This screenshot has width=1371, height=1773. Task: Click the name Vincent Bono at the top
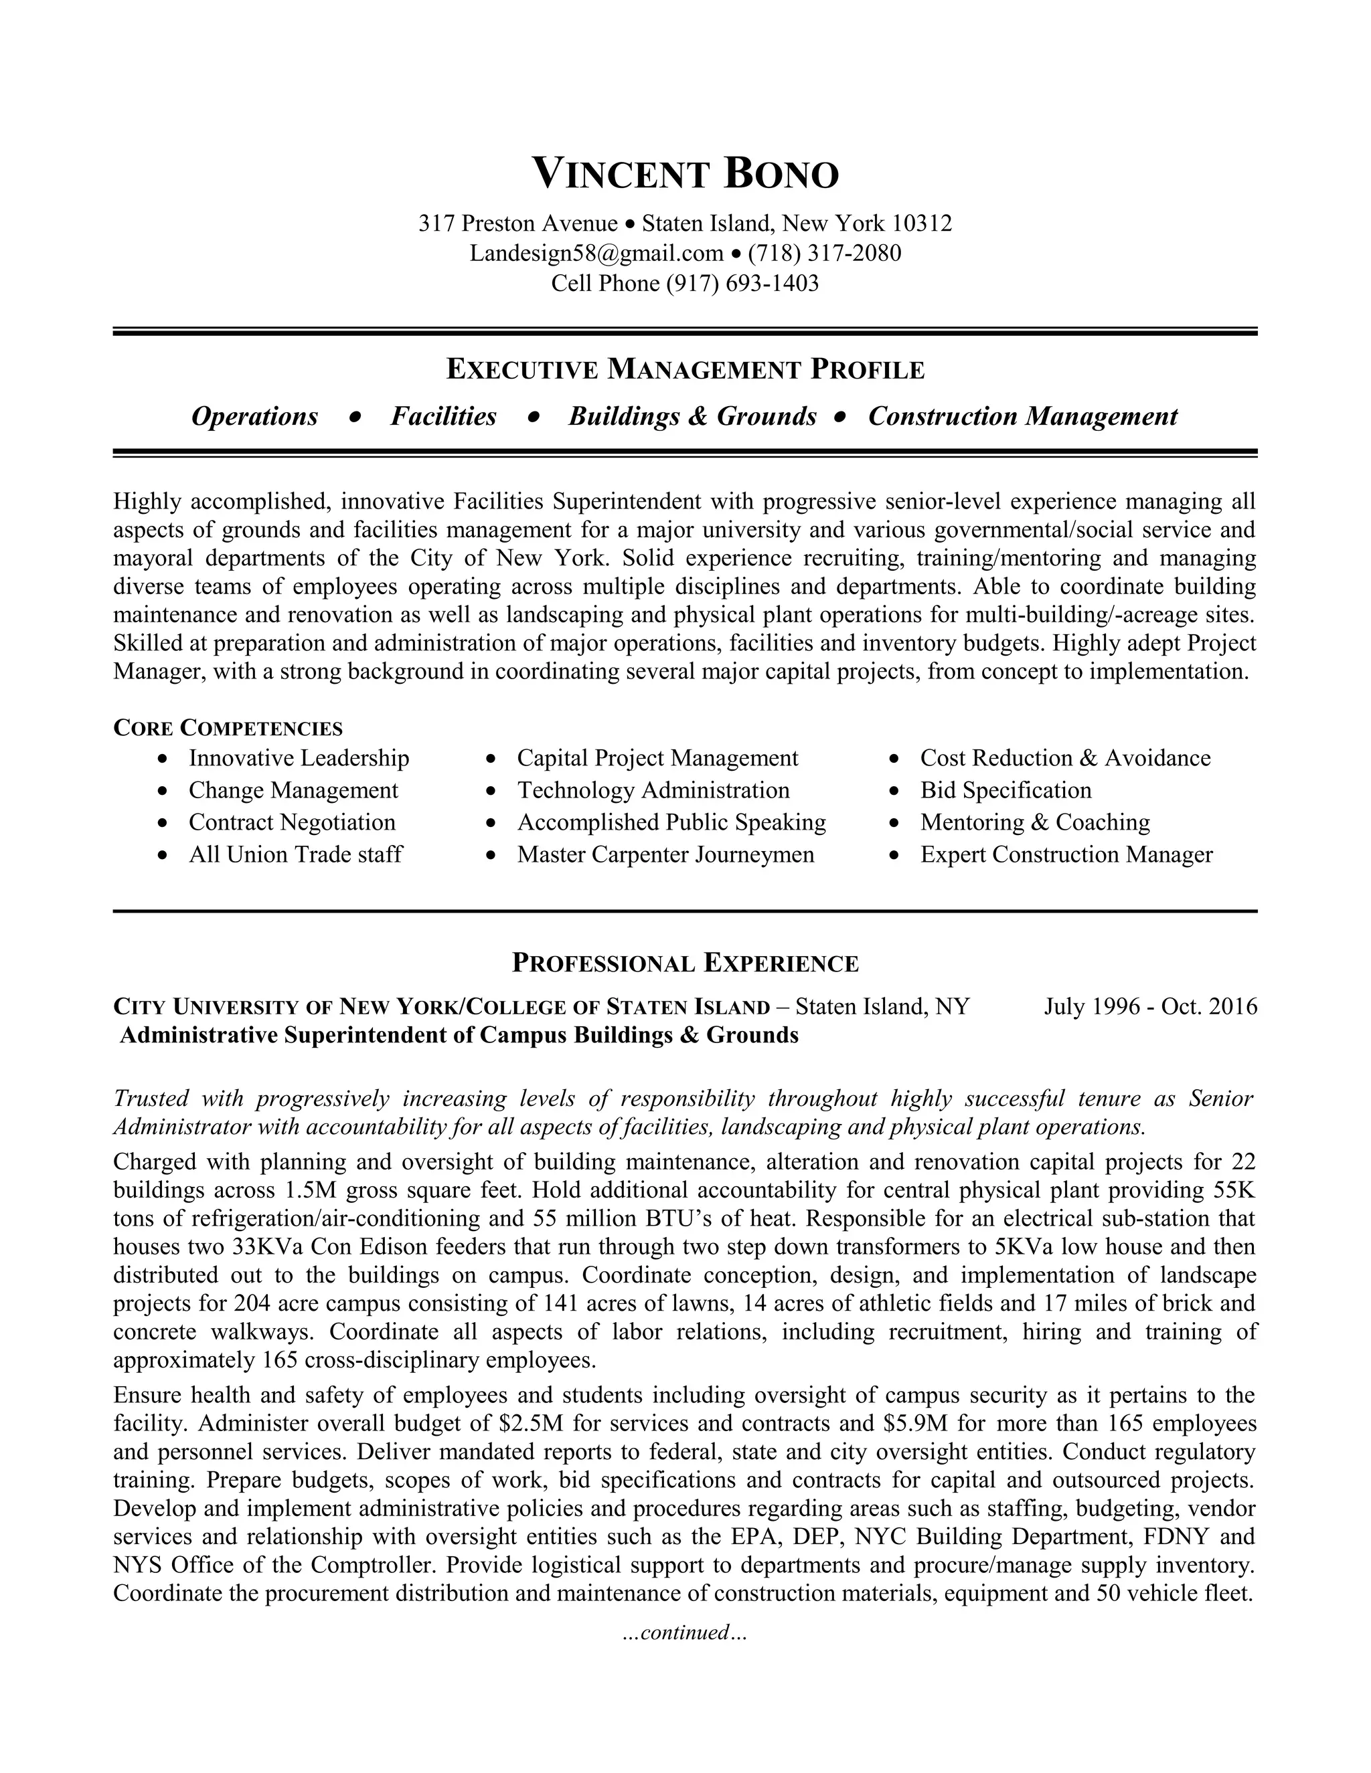(x=685, y=175)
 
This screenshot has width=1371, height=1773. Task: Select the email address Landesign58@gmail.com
(x=596, y=254)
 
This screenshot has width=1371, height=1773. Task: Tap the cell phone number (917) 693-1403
(x=742, y=283)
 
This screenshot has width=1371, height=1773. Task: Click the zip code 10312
(x=922, y=223)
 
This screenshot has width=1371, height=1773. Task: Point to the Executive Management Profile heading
(x=685, y=370)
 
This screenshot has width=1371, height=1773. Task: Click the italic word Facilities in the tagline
(x=443, y=416)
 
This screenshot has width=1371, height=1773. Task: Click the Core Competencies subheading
(x=228, y=727)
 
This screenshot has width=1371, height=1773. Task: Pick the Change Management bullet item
(x=293, y=790)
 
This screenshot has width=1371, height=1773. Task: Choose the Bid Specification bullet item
(x=1005, y=790)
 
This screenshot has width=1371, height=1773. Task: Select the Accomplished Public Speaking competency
(x=671, y=822)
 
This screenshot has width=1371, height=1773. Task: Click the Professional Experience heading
(x=685, y=963)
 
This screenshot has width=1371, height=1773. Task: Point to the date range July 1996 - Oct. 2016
(x=1150, y=1007)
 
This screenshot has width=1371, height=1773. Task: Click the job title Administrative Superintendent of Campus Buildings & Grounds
(x=459, y=1035)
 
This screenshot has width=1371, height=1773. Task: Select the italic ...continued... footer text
(x=684, y=1632)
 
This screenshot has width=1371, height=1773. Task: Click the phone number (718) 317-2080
(x=824, y=254)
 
